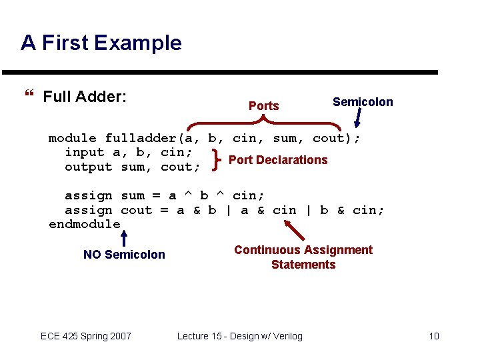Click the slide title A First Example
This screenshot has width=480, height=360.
pyautogui.click(x=101, y=43)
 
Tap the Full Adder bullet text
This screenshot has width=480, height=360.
pyautogui.click(x=85, y=97)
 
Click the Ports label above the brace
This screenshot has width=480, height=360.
pyautogui.click(x=263, y=106)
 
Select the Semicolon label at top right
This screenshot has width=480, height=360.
pyautogui.click(x=363, y=102)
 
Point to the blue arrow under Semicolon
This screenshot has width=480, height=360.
pyautogui.click(x=359, y=119)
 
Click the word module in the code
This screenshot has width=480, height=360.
pyautogui.click(x=72, y=139)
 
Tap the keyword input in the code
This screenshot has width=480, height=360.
pyautogui.click(x=84, y=153)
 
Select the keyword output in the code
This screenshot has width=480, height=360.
pyautogui.click(x=88, y=167)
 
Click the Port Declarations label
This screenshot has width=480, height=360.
pyautogui.click(x=278, y=160)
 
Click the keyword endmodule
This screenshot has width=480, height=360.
pyautogui.click(x=85, y=225)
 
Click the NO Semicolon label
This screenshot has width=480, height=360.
pyautogui.click(x=124, y=255)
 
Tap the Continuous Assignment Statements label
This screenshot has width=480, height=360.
pyautogui.click(x=303, y=257)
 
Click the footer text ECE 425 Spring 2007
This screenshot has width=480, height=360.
pyautogui.click(x=86, y=336)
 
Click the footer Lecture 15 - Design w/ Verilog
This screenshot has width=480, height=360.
pyautogui.click(x=239, y=336)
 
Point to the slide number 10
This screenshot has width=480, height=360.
pyautogui.click(x=434, y=336)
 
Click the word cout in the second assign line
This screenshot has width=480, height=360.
pyautogui.click(x=136, y=210)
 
